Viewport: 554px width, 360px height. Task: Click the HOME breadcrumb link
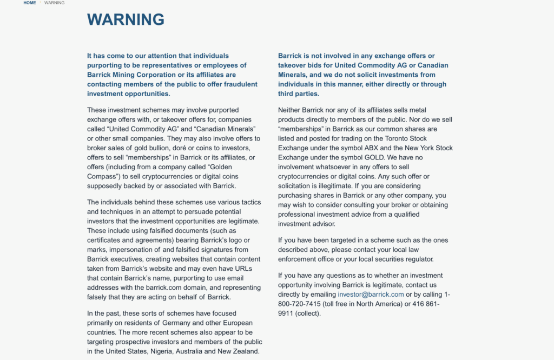pyautogui.click(x=30, y=3)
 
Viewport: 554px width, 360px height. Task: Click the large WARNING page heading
pyautogui.click(x=126, y=19)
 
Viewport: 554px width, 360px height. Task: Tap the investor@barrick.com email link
pyautogui.click(x=371, y=295)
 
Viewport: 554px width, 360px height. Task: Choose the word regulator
pyautogui.click(x=417, y=259)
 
